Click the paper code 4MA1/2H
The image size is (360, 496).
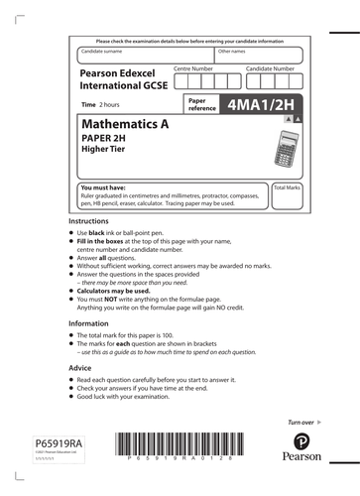point(263,103)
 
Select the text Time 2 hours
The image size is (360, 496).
point(103,103)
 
